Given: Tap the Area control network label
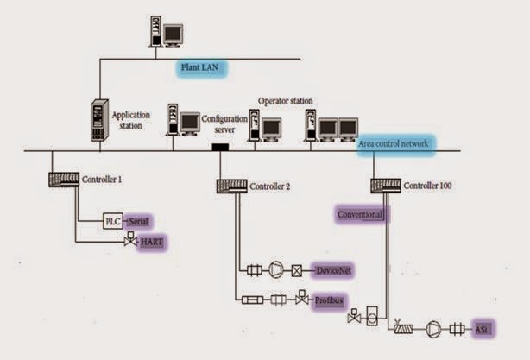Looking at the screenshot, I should pyautogui.click(x=394, y=145).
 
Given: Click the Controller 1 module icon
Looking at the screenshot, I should pyautogui.click(x=63, y=180).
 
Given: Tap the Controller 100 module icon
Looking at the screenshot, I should pyautogui.click(x=386, y=185).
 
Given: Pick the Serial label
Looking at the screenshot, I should pyautogui.click(x=139, y=222).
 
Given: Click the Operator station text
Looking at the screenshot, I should pyautogui.click(x=287, y=101).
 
